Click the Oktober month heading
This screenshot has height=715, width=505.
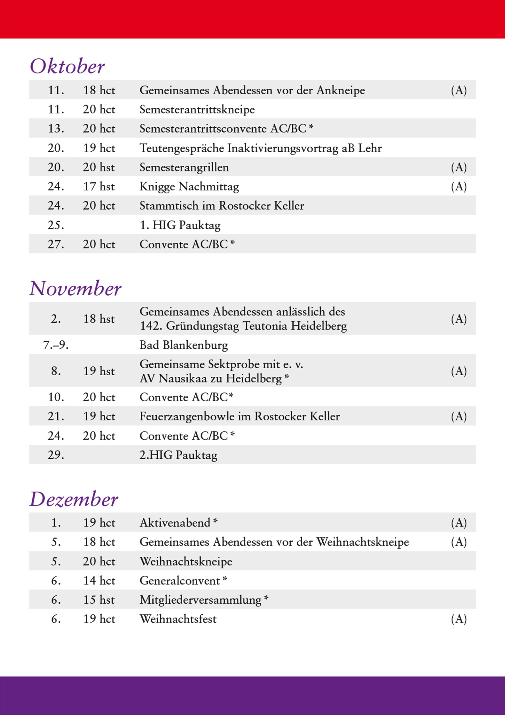pos(67,66)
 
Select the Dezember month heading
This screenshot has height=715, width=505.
pos(73,499)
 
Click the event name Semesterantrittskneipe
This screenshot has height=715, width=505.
pos(197,109)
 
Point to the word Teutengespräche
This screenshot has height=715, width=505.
pos(181,148)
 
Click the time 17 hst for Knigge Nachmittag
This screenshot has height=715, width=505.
pos(99,187)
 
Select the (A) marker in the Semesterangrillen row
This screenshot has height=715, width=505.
pos(459,168)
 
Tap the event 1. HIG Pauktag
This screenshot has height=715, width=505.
pos(180,225)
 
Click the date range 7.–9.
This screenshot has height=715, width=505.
pos(56,345)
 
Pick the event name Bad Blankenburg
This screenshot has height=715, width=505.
pos(183,345)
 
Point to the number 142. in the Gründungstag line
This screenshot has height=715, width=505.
pos(151,326)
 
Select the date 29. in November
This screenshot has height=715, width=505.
pos(56,455)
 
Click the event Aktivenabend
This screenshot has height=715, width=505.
pos(175,523)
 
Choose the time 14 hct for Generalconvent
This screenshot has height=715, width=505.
pos(99,581)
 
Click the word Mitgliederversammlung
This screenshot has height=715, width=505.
pos(200,600)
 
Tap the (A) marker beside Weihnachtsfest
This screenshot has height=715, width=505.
pos(459,619)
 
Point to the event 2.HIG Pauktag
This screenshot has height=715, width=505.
pos(178,455)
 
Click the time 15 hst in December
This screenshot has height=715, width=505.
pos(99,600)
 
